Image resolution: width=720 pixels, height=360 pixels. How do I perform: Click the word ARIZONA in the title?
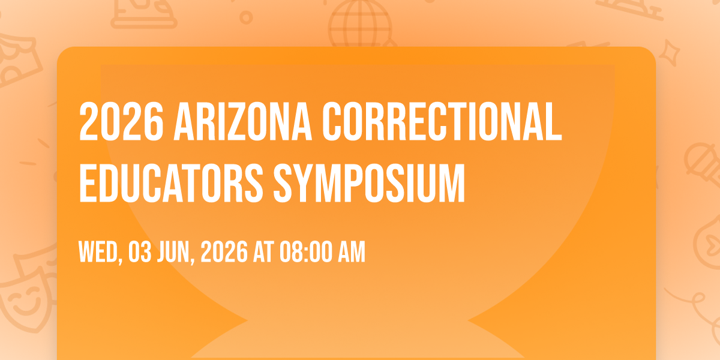242,121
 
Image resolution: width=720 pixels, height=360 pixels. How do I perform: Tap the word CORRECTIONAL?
442,121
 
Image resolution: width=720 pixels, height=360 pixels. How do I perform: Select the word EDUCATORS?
172,183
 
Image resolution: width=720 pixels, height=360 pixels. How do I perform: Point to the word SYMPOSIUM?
370,183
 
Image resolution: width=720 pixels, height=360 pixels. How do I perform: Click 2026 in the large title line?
121,121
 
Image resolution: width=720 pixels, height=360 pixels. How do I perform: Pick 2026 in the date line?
224,252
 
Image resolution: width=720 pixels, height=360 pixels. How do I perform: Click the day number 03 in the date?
140,252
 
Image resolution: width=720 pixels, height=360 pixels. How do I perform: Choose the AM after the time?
352,252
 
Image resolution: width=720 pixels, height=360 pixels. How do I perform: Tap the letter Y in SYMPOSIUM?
304,183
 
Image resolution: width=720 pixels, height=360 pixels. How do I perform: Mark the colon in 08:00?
305,253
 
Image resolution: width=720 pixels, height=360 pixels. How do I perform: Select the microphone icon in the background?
703,164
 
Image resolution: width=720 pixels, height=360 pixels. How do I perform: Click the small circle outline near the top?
246,17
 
